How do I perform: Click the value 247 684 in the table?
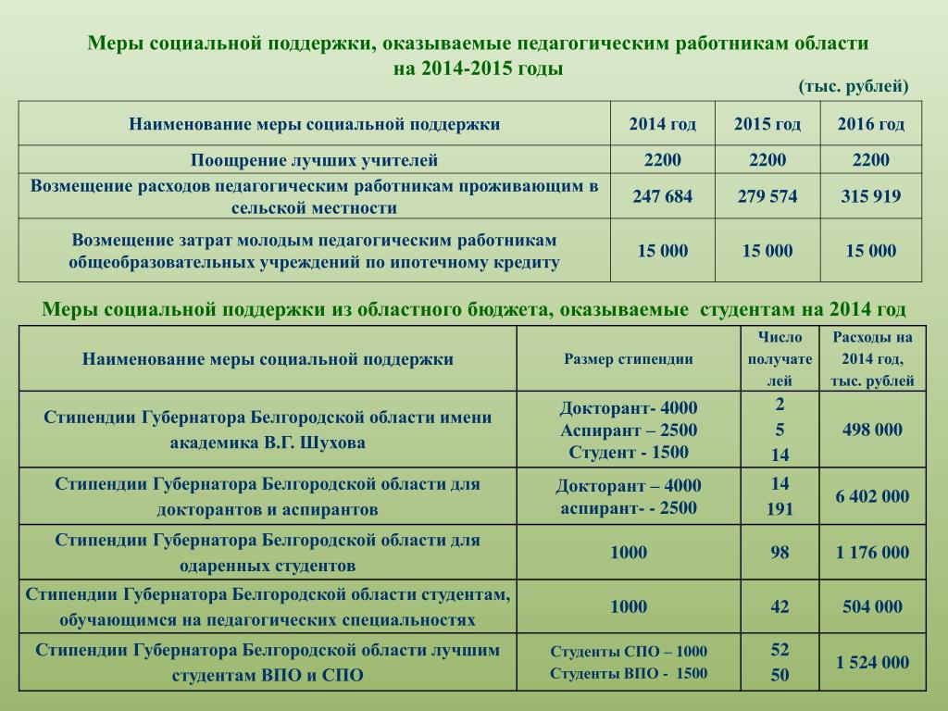662,196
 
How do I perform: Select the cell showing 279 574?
767,196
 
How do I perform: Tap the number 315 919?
870,196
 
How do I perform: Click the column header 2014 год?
662,125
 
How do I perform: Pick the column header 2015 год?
767,125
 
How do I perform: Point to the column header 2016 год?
871,125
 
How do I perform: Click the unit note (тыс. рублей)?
854,86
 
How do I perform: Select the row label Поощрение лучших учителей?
314,160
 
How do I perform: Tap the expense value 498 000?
871,430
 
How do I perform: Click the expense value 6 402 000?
872,496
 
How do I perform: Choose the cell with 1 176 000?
872,553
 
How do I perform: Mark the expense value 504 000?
872,607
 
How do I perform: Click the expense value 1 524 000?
872,662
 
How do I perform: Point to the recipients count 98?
780,553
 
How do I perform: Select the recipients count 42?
780,607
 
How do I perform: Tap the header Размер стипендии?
629,359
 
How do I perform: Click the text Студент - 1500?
629,453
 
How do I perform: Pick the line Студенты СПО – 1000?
629,651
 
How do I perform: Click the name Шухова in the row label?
337,443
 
